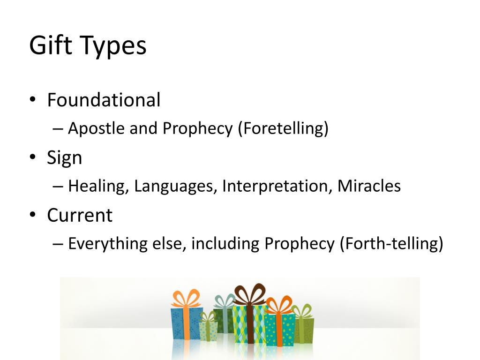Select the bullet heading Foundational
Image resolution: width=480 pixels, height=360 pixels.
[104, 100]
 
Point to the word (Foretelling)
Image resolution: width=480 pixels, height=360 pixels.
[283, 128]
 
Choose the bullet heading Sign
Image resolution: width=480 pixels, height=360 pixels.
[64, 158]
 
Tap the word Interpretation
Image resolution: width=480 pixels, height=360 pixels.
[277, 186]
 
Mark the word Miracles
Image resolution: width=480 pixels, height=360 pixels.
[369, 186]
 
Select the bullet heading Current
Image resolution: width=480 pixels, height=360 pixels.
[80, 215]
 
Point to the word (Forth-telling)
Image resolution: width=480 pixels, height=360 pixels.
[391, 244]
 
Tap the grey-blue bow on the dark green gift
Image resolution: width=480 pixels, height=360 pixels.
[224, 301]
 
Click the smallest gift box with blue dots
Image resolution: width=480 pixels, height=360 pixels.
[208, 330]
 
